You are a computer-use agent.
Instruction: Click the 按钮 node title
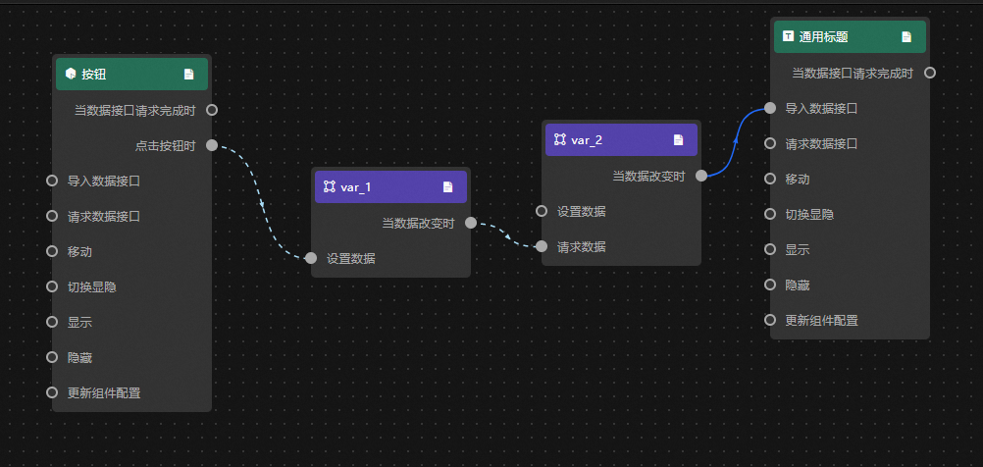click(x=93, y=74)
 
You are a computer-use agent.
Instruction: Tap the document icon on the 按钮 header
click(x=188, y=74)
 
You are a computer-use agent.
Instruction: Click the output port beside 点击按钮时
click(x=212, y=145)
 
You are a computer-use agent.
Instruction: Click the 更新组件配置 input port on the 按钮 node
click(x=52, y=392)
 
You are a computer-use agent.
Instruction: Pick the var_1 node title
click(x=356, y=186)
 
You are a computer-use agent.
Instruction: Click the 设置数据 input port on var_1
click(x=311, y=258)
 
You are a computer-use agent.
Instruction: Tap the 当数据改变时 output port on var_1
click(x=471, y=223)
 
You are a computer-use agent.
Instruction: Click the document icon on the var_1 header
click(x=447, y=186)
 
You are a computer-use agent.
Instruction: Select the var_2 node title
click(x=587, y=139)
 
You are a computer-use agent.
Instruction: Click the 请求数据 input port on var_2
click(x=542, y=246)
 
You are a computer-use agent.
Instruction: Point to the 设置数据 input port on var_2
click(x=542, y=211)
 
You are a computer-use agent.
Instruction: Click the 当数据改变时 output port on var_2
click(x=701, y=176)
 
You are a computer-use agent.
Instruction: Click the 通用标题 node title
click(x=823, y=36)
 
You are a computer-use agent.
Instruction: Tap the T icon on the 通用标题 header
click(x=788, y=36)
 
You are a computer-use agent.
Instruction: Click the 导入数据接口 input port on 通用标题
click(x=770, y=108)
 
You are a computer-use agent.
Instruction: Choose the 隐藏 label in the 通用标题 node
click(x=798, y=285)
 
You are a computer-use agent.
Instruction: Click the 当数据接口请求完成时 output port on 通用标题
click(x=930, y=73)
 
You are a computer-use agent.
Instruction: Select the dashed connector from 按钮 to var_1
click(x=262, y=203)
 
